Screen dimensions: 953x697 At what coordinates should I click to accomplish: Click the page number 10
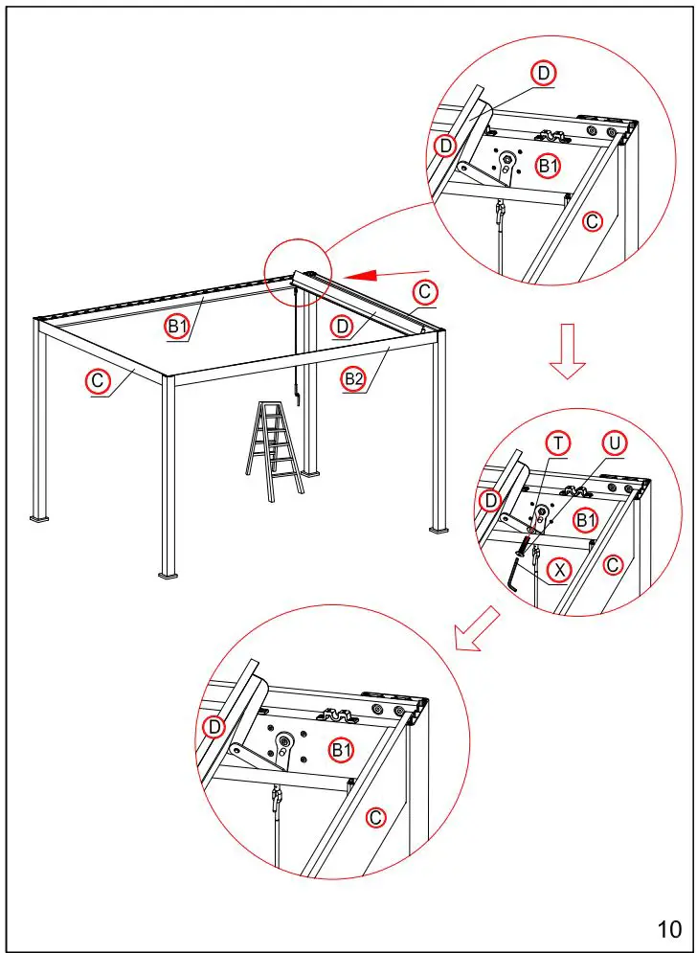[x=669, y=928]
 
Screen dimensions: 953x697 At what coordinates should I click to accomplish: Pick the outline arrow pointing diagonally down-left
[x=478, y=629]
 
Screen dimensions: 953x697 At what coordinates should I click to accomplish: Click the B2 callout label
[x=354, y=378]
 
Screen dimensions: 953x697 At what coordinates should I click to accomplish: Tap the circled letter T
[x=558, y=442]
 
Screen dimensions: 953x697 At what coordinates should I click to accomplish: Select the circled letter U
[x=615, y=443]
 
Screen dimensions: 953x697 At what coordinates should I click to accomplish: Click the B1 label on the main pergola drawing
[x=178, y=328]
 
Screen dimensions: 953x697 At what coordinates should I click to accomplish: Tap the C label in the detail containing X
[x=614, y=565]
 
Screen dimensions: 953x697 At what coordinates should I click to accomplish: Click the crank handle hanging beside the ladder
[x=298, y=393]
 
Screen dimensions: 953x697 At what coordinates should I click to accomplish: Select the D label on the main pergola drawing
[x=342, y=327]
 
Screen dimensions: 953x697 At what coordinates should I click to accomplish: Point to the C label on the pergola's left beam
[x=98, y=381]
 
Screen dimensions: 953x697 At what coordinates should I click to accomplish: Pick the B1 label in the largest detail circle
[x=342, y=750]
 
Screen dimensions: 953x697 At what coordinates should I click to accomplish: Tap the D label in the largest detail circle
[x=214, y=727]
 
